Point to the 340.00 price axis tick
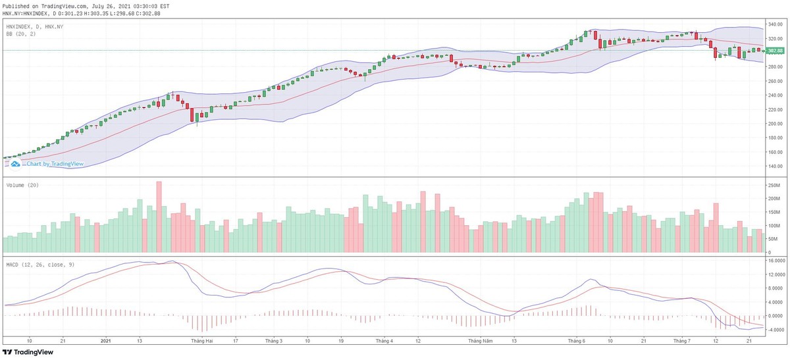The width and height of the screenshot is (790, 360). pyautogui.click(x=774, y=24)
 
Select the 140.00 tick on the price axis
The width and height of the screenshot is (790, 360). pyautogui.click(x=774, y=167)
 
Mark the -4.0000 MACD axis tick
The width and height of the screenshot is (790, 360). pyautogui.click(x=774, y=330)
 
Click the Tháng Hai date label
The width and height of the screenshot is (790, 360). pyautogui.click(x=202, y=341)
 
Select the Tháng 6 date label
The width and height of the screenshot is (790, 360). pyautogui.click(x=577, y=341)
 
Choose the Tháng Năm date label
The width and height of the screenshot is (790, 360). pyautogui.click(x=480, y=341)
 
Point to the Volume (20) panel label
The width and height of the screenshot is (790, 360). pyautogui.click(x=22, y=186)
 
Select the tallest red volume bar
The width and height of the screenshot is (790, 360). pyautogui.click(x=159, y=217)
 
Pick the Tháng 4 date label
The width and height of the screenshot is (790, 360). pyautogui.click(x=384, y=341)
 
